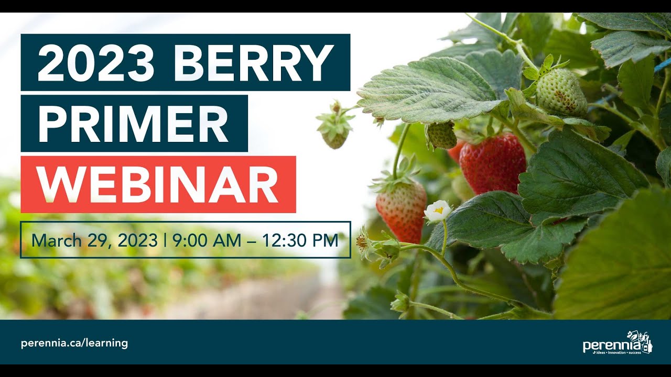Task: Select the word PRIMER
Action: (x=133, y=124)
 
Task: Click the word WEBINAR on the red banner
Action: (x=157, y=184)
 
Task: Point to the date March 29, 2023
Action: (x=94, y=240)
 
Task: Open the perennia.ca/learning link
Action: (x=74, y=343)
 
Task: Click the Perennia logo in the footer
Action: (x=618, y=343)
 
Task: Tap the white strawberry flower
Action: (x=437, y=210)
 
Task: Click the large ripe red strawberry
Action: (x=492, y=163)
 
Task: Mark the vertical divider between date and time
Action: (x=165, y=240)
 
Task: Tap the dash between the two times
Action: (x=252, y=241)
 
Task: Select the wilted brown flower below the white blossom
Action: (x=363, y=242)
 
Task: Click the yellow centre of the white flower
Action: (x=439, y=209)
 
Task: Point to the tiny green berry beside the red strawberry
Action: (x=441, y=135)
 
